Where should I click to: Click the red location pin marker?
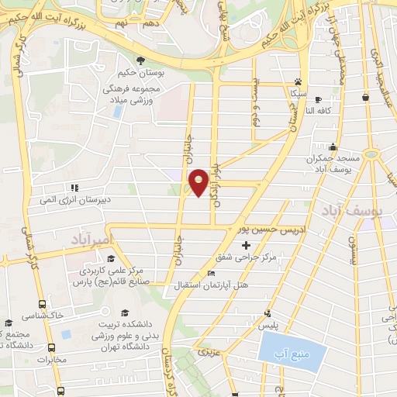(x=198, y=181)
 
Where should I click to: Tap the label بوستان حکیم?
(x=140, y=76)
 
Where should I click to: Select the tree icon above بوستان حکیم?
(x=140, y=61)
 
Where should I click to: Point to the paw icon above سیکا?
(x=298, y=81)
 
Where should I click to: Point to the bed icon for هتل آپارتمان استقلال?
(x=212, y=273)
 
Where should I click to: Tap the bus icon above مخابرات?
(x=52, y=347)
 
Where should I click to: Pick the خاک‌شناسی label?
(x=44, y=316)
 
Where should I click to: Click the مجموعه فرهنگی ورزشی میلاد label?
(x=133, y=95)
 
